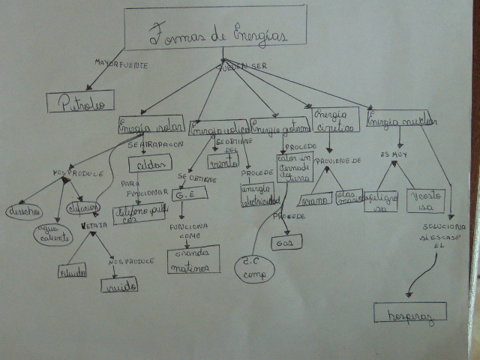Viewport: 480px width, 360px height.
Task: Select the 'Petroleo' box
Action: [x=80, y=100]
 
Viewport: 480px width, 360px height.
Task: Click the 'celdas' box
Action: [x=151, y=163]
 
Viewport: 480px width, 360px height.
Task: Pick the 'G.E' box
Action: [x=184, y=195]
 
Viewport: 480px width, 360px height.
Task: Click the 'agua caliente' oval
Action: [x=52, y=235]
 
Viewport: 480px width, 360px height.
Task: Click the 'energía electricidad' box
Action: [x=260, y=193]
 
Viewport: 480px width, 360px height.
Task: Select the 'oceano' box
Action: [x=314, y=199]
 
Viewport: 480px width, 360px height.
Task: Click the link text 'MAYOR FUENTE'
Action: [x=121, y=64]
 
